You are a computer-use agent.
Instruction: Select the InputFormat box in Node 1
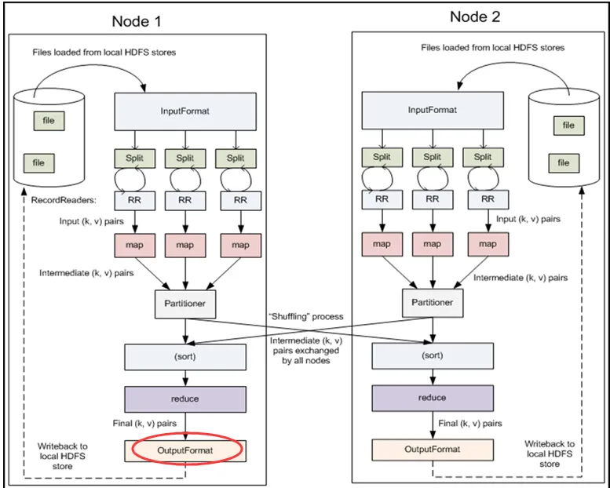[x=185, y=111]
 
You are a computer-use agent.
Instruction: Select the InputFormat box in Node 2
[x=430, y=110]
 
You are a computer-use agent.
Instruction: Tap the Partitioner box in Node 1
[x=185, y=302]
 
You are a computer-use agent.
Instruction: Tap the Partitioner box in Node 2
[x=432, y=301]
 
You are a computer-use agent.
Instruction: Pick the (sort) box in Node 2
[x=433, y=355]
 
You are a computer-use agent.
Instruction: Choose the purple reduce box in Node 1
[x=185, y=399]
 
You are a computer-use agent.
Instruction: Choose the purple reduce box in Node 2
[x=433, y=398]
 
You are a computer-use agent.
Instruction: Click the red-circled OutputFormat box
[x=185, y=450]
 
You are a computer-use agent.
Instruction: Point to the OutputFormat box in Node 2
[x=433, y=450]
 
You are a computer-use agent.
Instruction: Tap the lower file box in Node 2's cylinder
[x=564, y=162]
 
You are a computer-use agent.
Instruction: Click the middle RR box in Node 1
[x=185, y=199]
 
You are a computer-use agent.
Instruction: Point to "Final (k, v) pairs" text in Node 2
[x=471, y=423]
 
